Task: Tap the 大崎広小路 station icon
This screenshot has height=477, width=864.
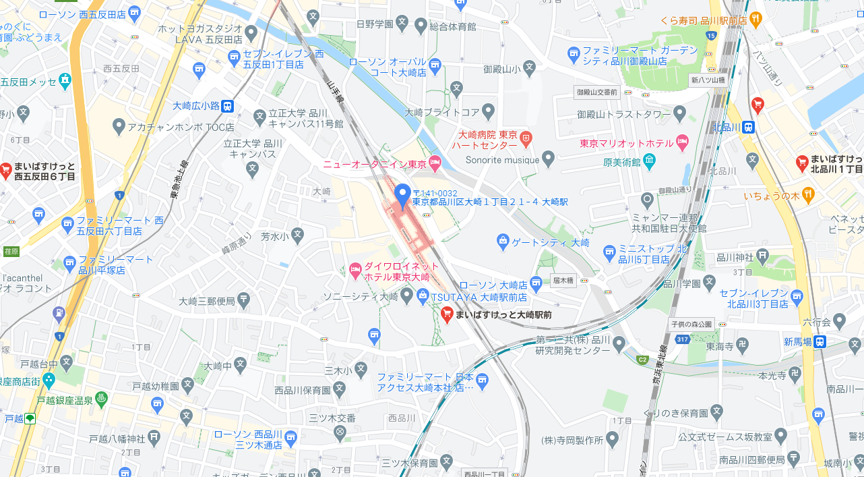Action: click(x=228, y=106)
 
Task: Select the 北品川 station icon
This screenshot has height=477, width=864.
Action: click(x=749, y=127)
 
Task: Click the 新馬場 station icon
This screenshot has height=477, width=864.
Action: click(x=820, y=342)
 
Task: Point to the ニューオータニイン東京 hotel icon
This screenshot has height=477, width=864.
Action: click(x=435, y=163)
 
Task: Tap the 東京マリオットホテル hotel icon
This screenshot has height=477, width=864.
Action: click(x=681, y=142)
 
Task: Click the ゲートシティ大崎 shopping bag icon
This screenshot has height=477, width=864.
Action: click(x=502, y=240)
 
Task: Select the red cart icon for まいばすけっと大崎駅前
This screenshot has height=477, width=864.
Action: click(x=447, y=314)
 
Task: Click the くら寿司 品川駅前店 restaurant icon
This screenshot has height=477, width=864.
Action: click(x=755, y=20)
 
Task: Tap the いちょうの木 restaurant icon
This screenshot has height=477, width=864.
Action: click(x=809, y=195)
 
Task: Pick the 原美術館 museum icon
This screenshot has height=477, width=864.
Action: click(x=648, y=161)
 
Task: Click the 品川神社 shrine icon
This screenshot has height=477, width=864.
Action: click(x=762, y=255)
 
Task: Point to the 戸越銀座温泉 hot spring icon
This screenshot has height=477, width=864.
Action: click(x=101, y=399)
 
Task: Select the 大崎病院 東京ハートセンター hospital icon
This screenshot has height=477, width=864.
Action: click(x=526, y=139)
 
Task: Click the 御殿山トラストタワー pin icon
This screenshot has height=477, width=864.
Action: click(x=679, y=113)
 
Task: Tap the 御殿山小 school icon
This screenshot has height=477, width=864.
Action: click(x=530, y=67)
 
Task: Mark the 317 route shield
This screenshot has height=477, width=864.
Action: click(x=682, y=339)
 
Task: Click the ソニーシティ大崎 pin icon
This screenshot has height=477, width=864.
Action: click(x=406, y=296)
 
